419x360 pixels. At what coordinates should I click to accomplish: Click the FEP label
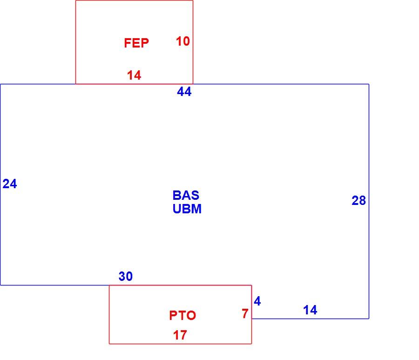(136, 43)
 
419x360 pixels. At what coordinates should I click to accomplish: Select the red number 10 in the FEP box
(183, 41)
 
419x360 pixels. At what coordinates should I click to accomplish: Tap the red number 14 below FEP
(134, 75)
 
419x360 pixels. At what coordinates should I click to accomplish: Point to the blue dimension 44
(184, 92)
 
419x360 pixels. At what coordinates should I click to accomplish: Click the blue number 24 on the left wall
(10, 184)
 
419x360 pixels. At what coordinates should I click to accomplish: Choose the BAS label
(186, 195)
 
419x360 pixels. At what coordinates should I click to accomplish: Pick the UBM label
(187, 209)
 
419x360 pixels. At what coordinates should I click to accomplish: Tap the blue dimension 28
(358, 200)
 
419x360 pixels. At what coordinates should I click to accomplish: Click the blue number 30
(126, 276)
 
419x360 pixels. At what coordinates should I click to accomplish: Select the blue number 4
(257, 301)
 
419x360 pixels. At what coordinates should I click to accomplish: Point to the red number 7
(245, 314)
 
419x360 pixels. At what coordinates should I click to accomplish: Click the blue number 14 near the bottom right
(310, 310)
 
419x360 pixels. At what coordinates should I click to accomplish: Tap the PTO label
(182, 315)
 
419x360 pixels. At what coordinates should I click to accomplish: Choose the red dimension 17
(180, 335)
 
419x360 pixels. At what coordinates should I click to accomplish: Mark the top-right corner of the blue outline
(369, 84)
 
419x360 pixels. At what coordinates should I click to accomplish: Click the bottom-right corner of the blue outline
(369, 319)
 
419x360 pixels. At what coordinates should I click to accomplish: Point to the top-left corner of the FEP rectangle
(76, 0)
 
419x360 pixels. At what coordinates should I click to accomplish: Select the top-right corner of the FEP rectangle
(193, 0)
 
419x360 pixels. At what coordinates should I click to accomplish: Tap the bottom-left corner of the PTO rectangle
(109, 344)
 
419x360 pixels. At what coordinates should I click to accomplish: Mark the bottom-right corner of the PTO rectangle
(251, 344)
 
